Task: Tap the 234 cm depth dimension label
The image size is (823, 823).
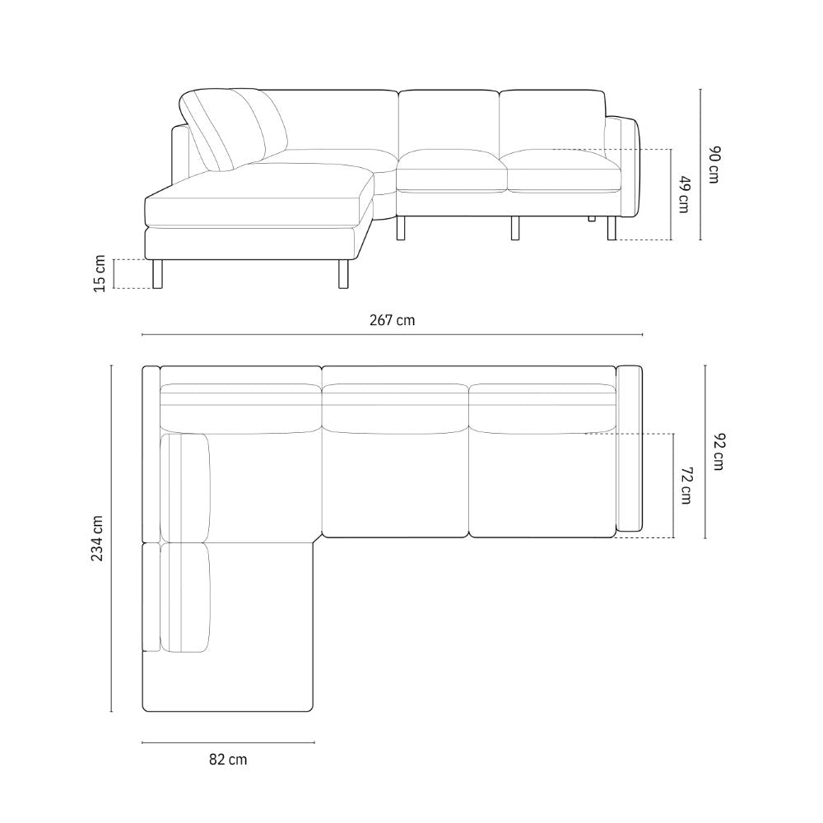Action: (98, 539)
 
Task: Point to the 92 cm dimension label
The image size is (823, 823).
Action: (719, 452)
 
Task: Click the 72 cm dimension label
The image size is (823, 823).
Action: (685, 485)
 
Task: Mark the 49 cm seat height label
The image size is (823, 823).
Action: (682, 194)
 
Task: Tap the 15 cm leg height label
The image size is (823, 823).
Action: (100, 273)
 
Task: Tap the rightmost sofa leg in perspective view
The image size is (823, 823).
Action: (611, 228)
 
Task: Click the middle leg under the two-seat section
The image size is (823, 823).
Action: (515, 228)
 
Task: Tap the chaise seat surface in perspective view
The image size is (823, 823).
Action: (259, 198)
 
